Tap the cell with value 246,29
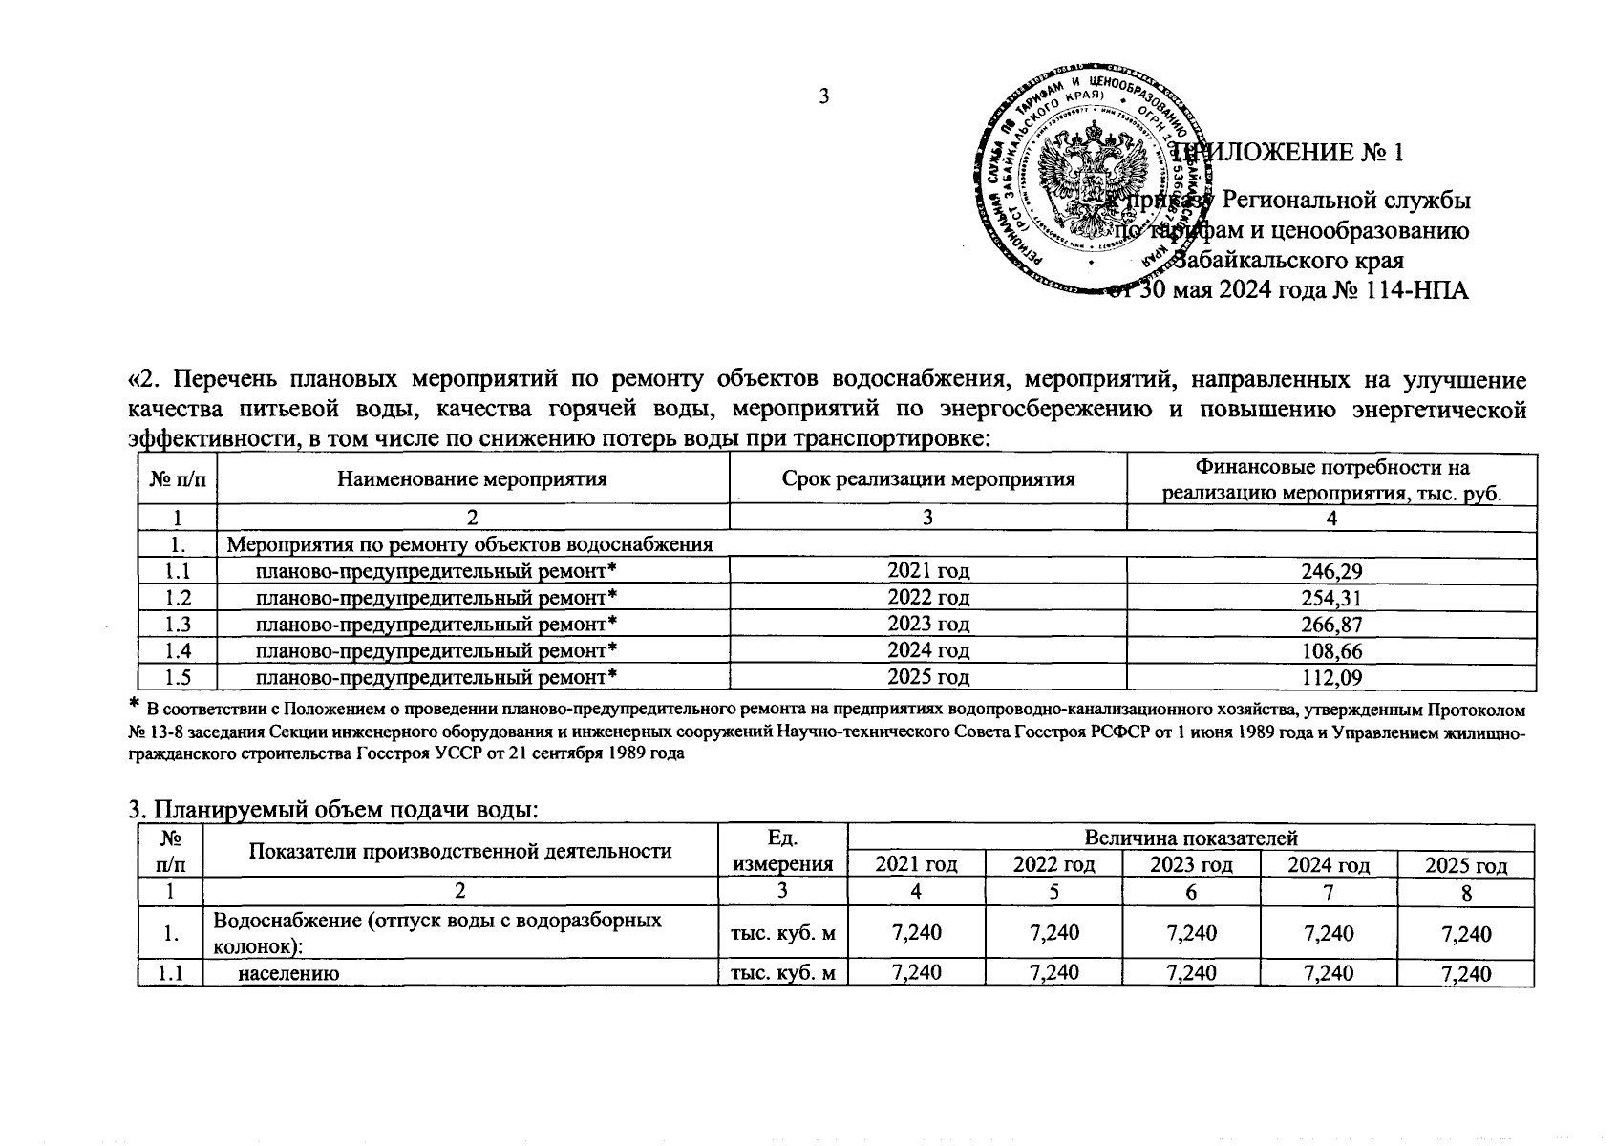click(x=1330, y=571)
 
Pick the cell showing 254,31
click(x=1330, y=598)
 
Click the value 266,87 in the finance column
click(x=1330, y=625)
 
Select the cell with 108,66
click(x=1330, y=651)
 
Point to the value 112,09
click(x=1330, y=678)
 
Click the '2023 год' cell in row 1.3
click(x=927, y=625)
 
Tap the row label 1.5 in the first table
click(x=178, y=678)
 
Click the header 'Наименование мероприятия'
click(x=473, y=479)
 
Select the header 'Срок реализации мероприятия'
click(x=927, y=479)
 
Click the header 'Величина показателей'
click(x=1190, y=838)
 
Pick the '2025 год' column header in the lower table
click(x=1465, y=865)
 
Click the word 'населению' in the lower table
click(x=289, y=973)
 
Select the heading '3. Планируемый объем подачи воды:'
click(x=334, y=811)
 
